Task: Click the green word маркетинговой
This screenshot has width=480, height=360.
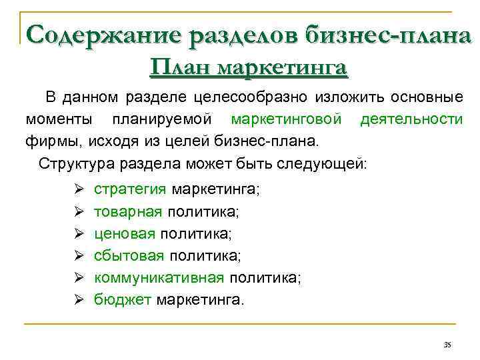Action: (287, 119)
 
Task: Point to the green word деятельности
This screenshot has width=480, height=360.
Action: (411, 119)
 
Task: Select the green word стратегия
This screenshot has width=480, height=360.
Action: (130, 189)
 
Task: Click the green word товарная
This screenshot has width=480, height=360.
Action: (128, 212)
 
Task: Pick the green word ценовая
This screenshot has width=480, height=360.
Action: (125, 234)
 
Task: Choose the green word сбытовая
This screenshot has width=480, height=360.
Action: (129, 256)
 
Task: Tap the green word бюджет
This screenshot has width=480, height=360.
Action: (123, 300)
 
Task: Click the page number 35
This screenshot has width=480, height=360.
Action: (447, 344)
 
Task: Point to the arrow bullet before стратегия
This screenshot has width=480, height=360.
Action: (77, 190)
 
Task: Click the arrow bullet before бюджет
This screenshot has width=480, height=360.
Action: (77, 300)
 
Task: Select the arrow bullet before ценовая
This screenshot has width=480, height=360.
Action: (77, 234)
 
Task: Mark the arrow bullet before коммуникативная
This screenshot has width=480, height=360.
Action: (77, 278)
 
